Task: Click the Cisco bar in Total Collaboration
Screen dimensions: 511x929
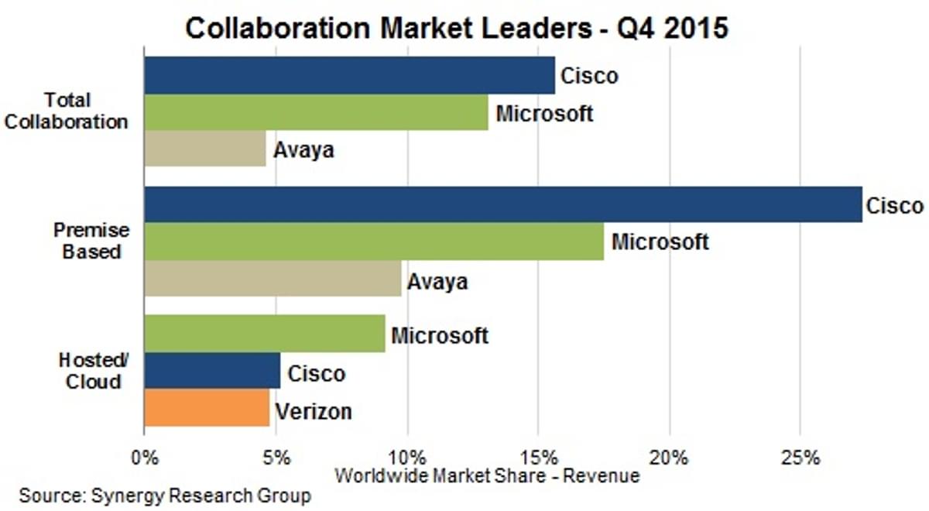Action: tap(348, 75)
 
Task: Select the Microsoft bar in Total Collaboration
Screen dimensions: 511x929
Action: tap(316, 112)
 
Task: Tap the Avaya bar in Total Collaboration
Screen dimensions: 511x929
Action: tap(205, 148)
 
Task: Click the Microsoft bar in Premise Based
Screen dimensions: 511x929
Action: tap(373, 242)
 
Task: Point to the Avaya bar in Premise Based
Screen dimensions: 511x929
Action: tap(273, 279)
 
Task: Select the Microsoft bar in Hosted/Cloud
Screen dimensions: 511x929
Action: tap(264, 334)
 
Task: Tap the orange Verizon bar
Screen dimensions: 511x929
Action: tap(207, 409)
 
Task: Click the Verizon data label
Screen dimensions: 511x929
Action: tap(314, 410)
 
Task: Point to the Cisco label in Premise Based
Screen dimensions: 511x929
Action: tap(894, 206)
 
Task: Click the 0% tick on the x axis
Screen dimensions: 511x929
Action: tap(144, 457)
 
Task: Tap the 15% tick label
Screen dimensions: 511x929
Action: tap(539, 457)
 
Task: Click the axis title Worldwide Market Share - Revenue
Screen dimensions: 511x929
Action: tap(486, 475)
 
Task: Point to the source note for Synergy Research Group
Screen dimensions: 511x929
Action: tap(164, 496)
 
